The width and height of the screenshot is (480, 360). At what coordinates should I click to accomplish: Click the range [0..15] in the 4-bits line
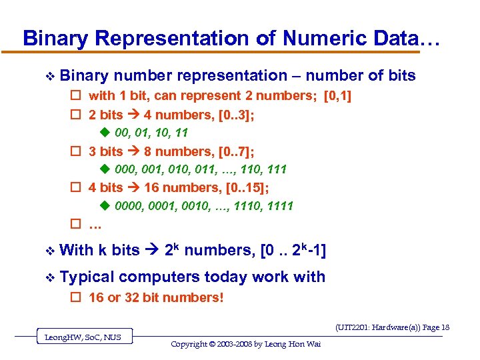243,188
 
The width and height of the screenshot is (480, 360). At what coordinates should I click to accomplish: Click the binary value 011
207,170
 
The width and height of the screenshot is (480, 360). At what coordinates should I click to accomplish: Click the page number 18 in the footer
445,327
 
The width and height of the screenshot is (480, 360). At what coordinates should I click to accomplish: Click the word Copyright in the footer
191,344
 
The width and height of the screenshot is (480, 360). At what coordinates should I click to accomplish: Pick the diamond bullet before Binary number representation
45,76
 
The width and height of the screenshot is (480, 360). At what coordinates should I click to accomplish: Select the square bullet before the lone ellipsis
75,224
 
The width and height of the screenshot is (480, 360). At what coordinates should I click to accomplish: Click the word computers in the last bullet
159,277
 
